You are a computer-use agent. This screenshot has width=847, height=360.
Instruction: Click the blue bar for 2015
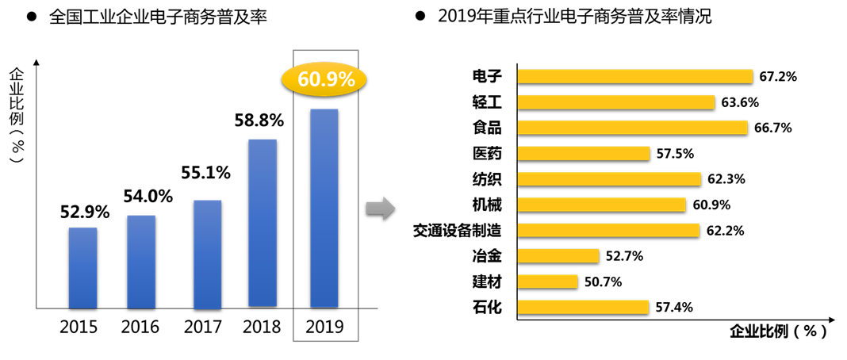coord(82,267)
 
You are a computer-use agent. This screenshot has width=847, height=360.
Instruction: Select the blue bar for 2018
coord(263,223)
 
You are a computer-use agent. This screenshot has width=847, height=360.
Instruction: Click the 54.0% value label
coord(148,196)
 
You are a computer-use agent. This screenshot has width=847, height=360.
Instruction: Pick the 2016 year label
coord(140,327)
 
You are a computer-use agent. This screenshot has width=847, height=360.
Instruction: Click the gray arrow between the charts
coord(380,209)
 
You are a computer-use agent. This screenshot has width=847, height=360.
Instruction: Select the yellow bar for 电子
coord(634,76)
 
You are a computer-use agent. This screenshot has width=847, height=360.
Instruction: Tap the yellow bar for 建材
coord(547,281)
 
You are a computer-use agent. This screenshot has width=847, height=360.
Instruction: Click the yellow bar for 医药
coord(584,153)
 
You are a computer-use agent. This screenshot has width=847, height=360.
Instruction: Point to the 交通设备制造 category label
coord(458,230)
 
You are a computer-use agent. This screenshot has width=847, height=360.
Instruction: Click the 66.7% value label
coord(773,128)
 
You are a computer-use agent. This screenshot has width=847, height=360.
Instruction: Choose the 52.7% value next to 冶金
coord(623,256)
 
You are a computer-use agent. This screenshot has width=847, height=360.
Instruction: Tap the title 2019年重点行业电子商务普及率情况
coord(574,17)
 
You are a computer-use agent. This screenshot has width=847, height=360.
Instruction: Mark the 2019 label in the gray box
coord(325,327)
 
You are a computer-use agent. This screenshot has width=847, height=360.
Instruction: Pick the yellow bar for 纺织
coord(609,179)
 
